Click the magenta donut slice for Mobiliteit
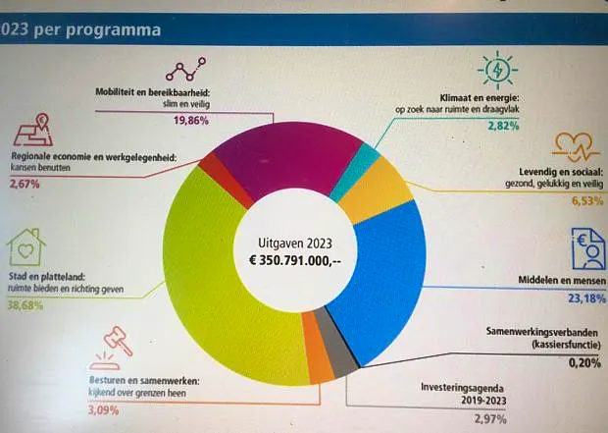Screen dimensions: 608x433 287,155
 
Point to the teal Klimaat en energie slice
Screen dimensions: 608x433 355,171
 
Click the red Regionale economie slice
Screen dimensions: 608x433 225,179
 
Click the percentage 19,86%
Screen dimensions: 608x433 191,121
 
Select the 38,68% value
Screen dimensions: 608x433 25,305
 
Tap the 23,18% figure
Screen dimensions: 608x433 586,298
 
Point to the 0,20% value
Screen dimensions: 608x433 584,363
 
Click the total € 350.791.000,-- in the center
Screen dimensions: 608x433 295,260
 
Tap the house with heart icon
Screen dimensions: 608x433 25,247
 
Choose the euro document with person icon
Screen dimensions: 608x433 588,249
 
